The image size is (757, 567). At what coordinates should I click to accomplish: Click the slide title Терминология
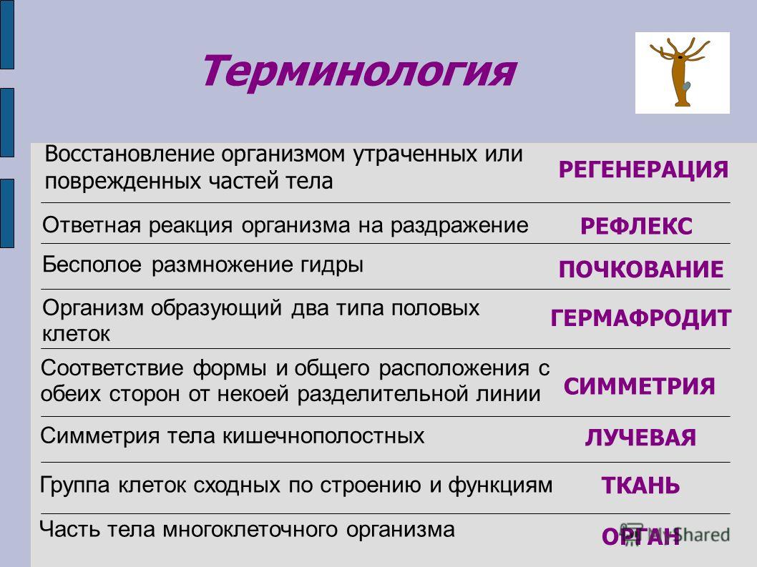tap(358, 72)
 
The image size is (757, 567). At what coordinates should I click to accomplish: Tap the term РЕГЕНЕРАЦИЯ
tap(643, 170)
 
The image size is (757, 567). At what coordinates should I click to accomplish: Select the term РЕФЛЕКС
tap(636, 227)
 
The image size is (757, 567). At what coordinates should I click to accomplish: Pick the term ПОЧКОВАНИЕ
tap(640, 270)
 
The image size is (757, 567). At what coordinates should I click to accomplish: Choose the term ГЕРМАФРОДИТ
tap(640, 318)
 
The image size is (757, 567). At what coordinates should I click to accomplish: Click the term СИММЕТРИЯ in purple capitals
tap(639, 387)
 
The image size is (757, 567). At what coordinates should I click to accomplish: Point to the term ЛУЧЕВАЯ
tap(640, 438)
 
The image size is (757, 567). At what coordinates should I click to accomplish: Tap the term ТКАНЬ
tap(640, 485)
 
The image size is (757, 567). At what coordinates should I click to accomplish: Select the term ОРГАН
tap(640, 536)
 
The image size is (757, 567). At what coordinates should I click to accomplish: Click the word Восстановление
tap(130, 154)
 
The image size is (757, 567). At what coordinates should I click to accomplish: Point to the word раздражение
tap(459, 226)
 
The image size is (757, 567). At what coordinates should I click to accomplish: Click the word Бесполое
tap(92, 265)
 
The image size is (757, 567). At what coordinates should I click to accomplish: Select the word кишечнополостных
tap(323, 435)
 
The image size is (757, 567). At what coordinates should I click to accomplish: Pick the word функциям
tap(500, 485)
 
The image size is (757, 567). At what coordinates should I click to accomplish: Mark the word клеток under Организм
tap(77, 334)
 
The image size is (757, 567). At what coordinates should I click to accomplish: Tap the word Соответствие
tap(112, 368)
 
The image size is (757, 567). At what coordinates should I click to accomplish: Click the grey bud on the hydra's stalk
tap(686, 87)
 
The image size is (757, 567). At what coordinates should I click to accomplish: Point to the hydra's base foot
tap(682, 103)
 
